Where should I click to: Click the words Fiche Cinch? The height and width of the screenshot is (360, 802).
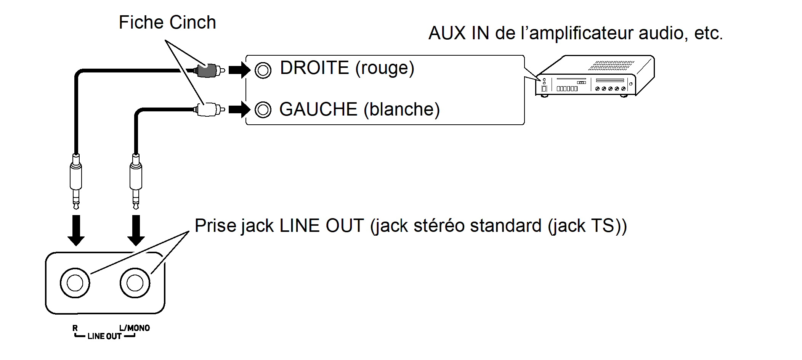tap(167, 22)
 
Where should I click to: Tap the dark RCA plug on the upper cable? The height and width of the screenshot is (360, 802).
tap(208, 70)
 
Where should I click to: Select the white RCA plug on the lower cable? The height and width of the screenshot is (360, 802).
tap(208, 110)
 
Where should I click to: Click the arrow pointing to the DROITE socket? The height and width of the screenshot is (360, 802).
tap(239, 70)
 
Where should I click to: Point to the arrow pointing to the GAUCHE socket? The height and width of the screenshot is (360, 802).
tap(239, 110)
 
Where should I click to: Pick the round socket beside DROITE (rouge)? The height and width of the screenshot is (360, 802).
tap(263, 70)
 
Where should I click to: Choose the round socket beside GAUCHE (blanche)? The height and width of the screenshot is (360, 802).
tap(263, 110)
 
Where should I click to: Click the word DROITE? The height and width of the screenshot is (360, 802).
tap(314, 68)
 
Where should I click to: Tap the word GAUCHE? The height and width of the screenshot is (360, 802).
tap(318, 109)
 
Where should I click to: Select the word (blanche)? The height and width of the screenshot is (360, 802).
tap(402, 110)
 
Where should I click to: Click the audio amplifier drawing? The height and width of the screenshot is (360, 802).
tap(595, 76)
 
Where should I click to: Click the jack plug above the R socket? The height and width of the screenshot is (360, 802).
tap(76, 179)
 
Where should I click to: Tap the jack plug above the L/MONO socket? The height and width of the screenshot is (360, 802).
tap(136, 179)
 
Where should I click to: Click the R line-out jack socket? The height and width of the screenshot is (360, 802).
tap(75, 283)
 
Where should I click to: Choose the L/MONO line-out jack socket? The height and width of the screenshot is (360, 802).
tap(135, 283)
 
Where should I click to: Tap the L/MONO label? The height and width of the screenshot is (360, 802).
tap(134, 328)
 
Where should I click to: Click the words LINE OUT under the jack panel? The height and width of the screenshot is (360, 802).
tap(104, 336)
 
